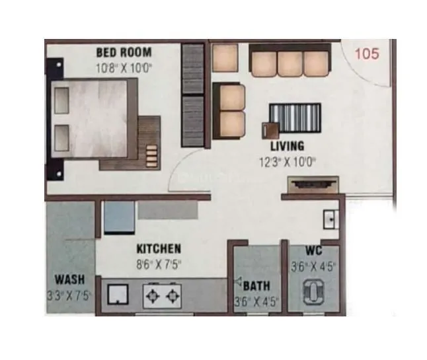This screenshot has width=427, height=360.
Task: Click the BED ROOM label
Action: tap(124, 52)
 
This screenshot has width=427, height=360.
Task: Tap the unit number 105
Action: tap(367, 54)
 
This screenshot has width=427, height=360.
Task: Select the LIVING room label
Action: tap(286, 146)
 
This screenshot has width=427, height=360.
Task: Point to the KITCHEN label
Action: tap(159, 249)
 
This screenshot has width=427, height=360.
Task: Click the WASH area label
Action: tap(69, 279)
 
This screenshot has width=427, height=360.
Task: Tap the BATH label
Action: tap(255, 286)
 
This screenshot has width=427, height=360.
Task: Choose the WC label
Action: tap(313, 251)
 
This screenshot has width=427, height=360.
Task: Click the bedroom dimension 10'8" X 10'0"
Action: tap(124, 67)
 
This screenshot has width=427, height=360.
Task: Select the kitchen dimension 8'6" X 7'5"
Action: tap(159, 264)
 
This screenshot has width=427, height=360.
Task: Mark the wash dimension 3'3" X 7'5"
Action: tap(69, 294)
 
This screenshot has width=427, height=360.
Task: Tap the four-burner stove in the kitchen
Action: tap(161, 295)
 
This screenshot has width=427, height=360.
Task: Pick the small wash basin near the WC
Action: tap(329, 217)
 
